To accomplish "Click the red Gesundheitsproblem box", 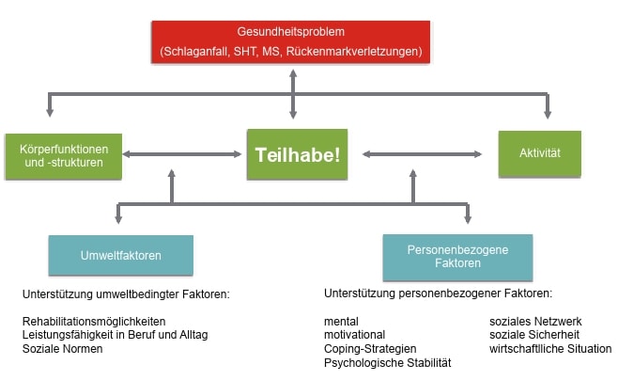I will click(x=291, y=41).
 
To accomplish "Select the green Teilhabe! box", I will click(x=297, y=154).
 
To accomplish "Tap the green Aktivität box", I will click(x=539, y=152).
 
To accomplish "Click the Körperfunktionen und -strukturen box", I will click(x=63, y=154).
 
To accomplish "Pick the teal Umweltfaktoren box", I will click(x=120, y=255).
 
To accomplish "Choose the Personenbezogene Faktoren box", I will click(x=457, y=257).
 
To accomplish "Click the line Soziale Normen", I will click(x=62, y=349).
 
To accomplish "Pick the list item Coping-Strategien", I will click(x=369, y=349).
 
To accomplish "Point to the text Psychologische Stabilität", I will click(x=387, y=362).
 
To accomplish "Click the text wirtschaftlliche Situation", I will click(x=549, y=349).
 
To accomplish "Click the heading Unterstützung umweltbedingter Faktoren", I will click(x=126, y=294).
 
